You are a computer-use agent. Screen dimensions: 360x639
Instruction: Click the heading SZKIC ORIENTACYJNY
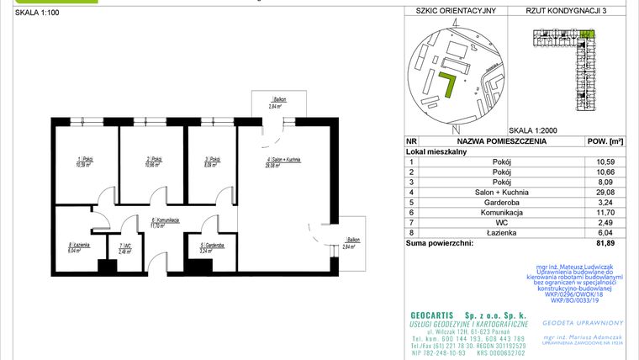click(x=451, y=11)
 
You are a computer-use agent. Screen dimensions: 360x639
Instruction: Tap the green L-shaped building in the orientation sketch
click(x=449, y=83)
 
